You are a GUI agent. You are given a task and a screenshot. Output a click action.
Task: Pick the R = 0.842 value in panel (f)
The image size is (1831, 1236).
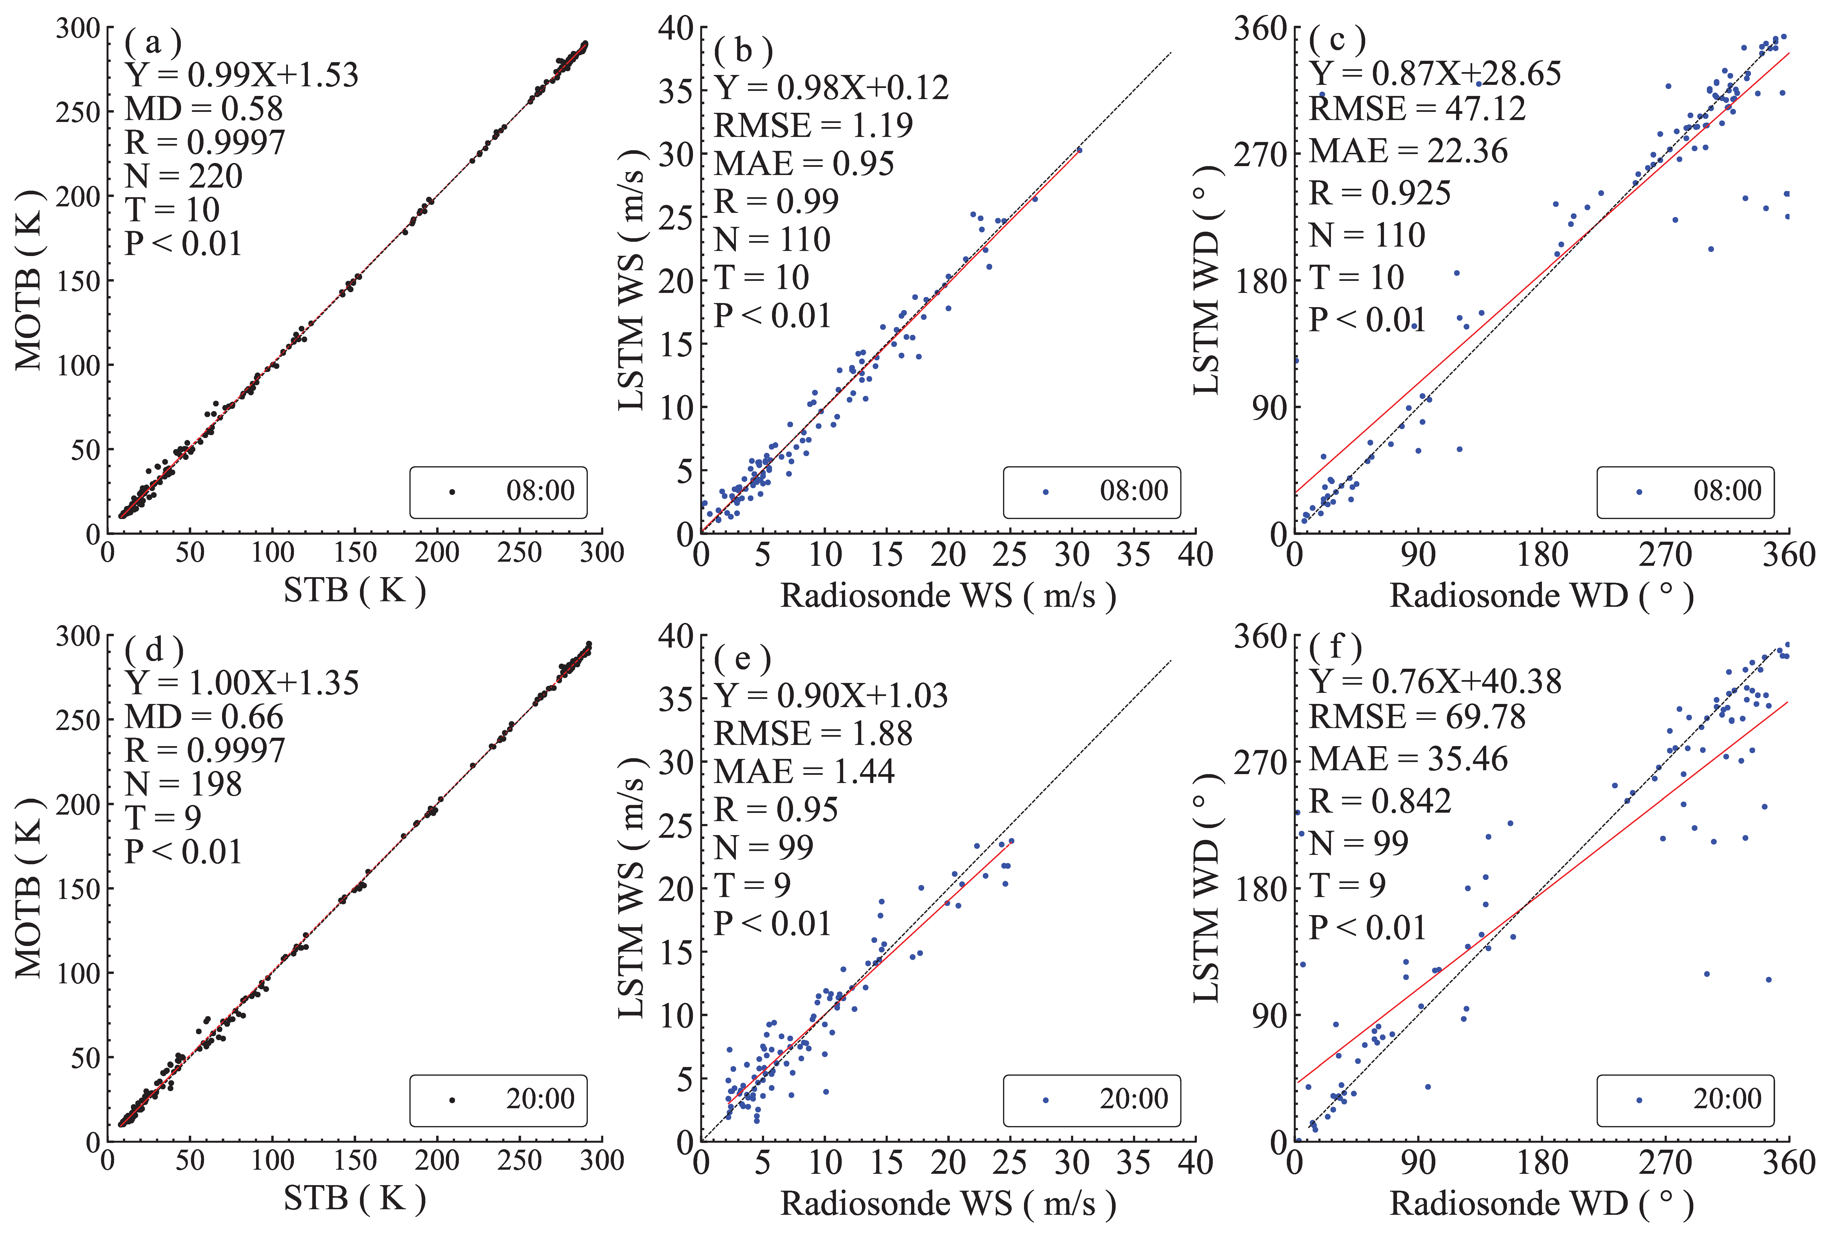point(1380,801)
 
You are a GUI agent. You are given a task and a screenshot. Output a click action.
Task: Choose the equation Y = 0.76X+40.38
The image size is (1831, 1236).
point(1435,682)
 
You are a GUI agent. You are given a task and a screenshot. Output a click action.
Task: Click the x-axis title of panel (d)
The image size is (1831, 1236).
point(354,1198)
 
